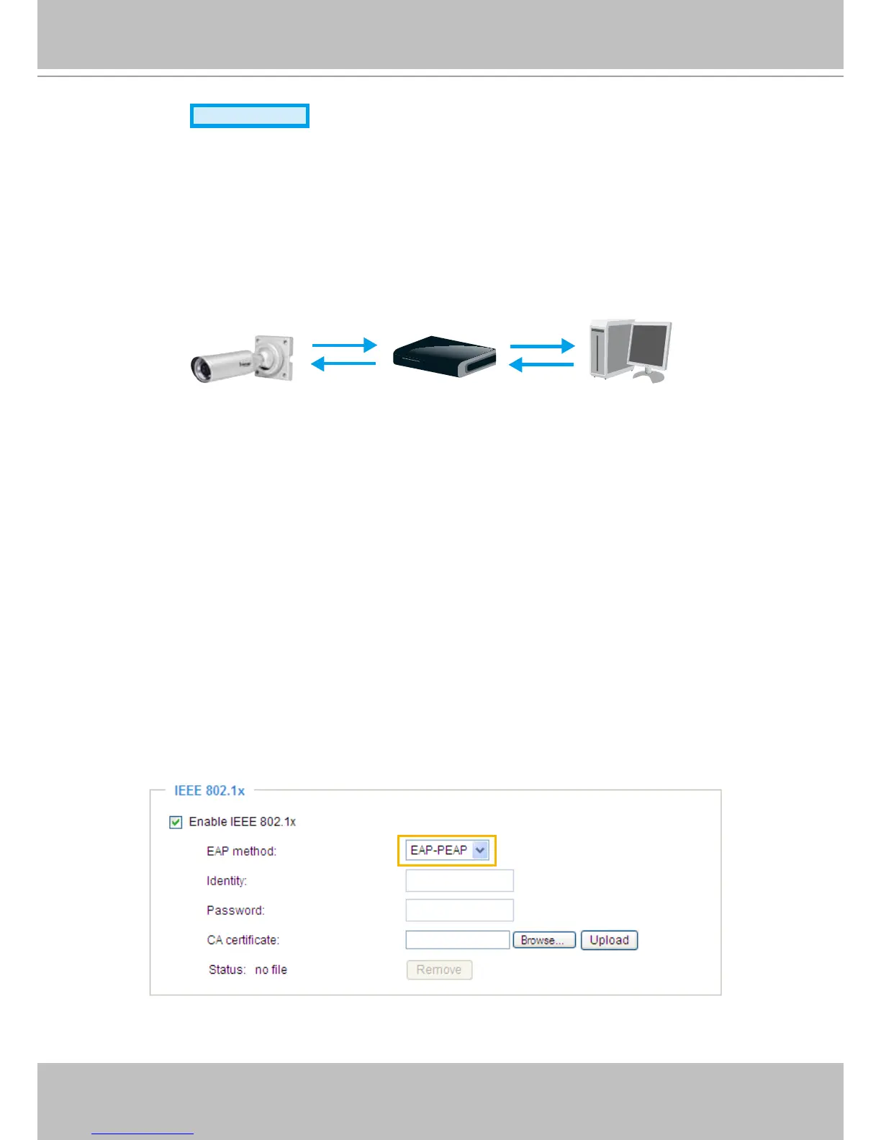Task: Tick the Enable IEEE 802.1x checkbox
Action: click(x=176, y=822)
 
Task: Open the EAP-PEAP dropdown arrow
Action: click(x=481, y=851)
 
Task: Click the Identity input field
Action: click(x=459, y=881)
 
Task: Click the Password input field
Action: click(x=459, y=910)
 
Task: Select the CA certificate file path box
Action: click(x=457, y=940)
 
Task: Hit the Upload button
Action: click(x=609, y=940)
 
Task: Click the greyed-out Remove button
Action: click(x=439, y=969)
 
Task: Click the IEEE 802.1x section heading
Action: click(x=209, y=791)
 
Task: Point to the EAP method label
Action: click(x=241, y=851)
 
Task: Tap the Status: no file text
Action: click(x=248, y=969)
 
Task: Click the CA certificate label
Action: click(x=243, y=940)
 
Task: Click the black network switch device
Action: click(x=444, y=356)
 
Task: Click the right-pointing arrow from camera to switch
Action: click(x=344, y=345)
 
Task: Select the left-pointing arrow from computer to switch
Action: click(x=541, y=365)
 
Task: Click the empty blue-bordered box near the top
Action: click(x=250, y=116)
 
